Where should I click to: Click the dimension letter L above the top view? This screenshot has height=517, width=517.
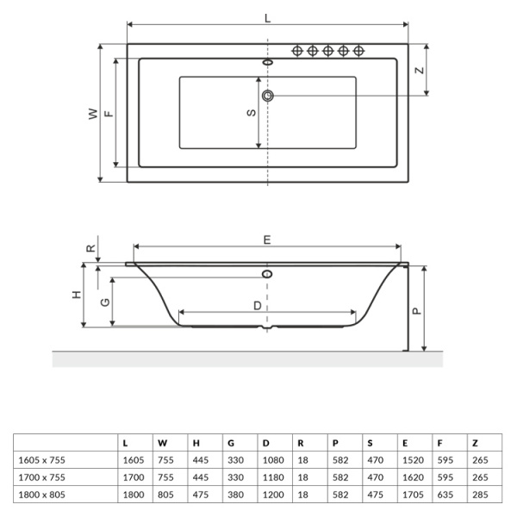[267, 17]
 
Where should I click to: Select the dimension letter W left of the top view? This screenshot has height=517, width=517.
[91, 114]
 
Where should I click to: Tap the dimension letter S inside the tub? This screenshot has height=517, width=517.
[251, 113]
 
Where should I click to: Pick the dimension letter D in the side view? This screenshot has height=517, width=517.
[257, 305]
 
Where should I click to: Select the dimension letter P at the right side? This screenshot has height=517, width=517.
[417, 309]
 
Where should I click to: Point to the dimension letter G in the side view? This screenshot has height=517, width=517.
[103, 302]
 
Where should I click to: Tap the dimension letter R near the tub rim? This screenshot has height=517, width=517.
[90, 247]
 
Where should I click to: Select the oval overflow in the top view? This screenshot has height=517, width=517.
[267, 63]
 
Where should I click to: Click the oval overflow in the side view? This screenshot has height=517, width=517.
[267, 274]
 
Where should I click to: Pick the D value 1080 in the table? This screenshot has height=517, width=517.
[273, 460]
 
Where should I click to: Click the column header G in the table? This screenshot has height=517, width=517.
[231, 443]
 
